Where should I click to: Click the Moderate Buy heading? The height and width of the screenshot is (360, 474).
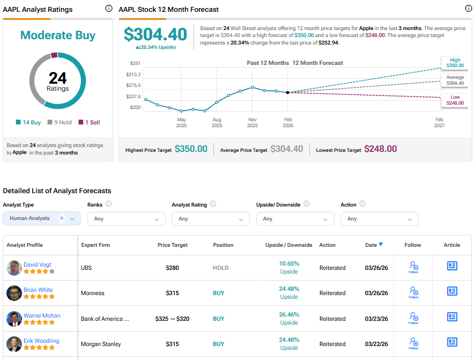58,35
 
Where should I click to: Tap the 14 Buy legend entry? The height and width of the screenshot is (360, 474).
28,122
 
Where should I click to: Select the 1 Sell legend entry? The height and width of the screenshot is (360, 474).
89,122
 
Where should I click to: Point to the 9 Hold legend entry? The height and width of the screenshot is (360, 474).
60,122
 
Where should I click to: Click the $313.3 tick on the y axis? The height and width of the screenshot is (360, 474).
134,74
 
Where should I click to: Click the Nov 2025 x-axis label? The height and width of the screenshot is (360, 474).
252,122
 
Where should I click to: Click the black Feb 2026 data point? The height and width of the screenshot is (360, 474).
287,93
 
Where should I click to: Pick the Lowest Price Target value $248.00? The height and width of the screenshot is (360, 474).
380,149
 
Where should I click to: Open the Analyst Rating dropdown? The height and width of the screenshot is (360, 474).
211,219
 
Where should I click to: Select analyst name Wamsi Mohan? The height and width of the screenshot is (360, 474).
42,315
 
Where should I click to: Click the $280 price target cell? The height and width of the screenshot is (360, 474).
172,268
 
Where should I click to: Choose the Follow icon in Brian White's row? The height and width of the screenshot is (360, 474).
413,292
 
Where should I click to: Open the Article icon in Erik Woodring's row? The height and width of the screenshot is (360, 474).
452,342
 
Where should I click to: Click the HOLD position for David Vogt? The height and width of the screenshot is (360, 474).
220,268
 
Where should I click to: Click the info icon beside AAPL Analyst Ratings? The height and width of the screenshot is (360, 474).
109,9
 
